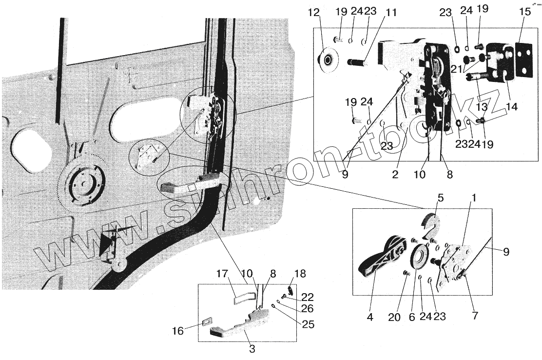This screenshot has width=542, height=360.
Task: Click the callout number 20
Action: pos(394,317)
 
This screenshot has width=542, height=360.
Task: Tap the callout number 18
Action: pos(301,274)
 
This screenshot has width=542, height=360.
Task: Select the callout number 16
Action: pos(178,331)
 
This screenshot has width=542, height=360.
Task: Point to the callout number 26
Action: pos(308,309)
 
